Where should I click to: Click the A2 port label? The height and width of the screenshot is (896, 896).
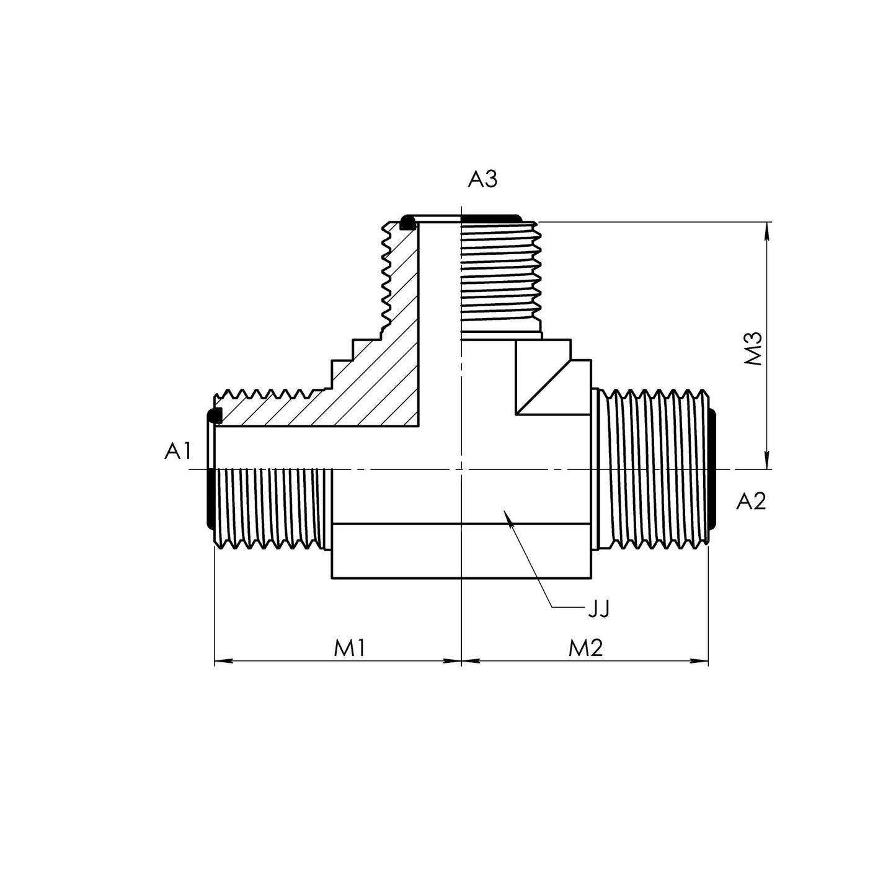tap(751, 501)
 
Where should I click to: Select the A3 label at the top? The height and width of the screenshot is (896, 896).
tap(482, 180)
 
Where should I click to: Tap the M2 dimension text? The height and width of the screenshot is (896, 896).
tap(586, 648)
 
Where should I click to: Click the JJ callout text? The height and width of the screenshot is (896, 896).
tap(599, 609)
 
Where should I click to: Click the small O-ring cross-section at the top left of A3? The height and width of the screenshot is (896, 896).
tap(407, 222)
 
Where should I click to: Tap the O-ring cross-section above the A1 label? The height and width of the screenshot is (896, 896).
tap(215, 415)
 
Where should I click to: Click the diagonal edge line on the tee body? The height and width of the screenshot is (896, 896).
tap(544, 386)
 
